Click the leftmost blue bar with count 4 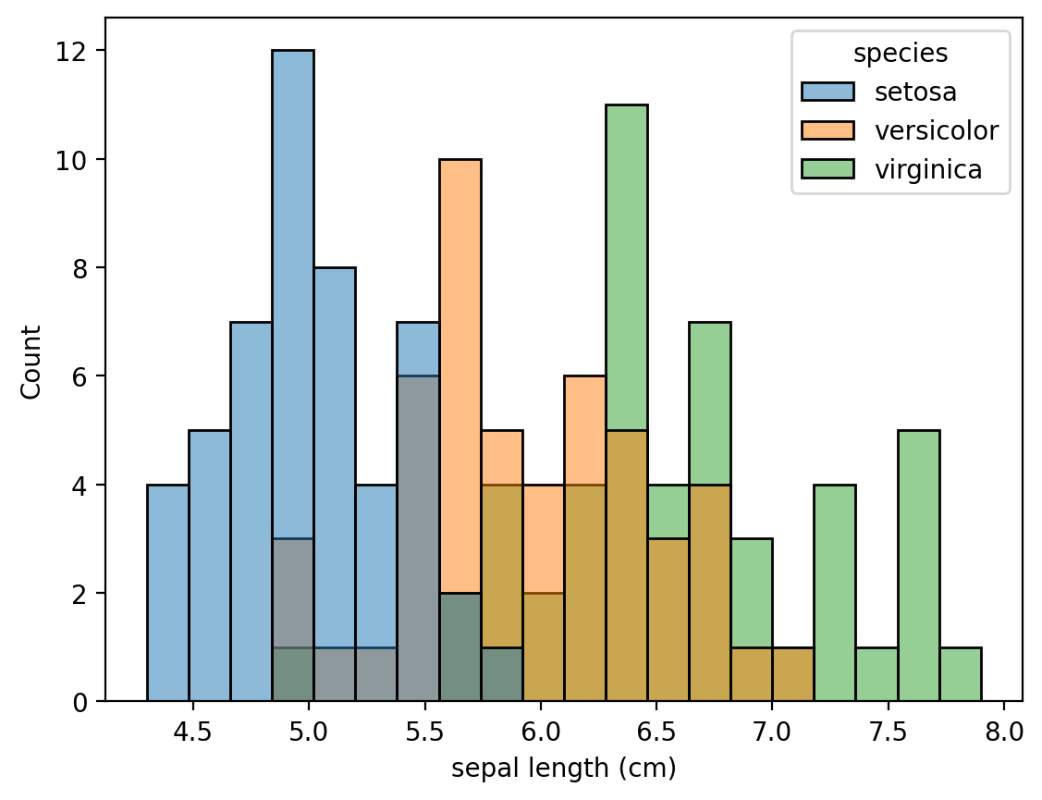(167, 592)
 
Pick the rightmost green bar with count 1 (960, 674)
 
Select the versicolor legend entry (937, 130)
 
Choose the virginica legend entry (928, 169)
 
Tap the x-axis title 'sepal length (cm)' (563, 768)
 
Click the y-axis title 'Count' (32, 361)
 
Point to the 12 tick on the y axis (79, 51)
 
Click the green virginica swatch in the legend (827, 169)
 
